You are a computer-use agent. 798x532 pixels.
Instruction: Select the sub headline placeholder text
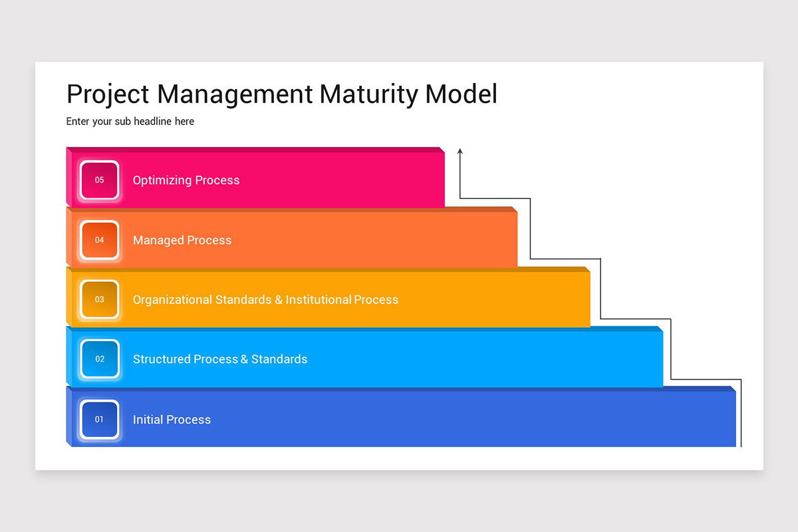130,122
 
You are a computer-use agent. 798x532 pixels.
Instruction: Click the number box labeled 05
100,180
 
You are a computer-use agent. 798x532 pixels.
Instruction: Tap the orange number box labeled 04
100,240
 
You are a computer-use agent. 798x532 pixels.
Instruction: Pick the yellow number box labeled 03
100,300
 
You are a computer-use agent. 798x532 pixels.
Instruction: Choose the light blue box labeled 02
100,359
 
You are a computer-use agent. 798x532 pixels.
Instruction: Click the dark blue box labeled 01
100,420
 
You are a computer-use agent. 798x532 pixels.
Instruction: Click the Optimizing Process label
186,180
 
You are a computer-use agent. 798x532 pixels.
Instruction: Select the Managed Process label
182,240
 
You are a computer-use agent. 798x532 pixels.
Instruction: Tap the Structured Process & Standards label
220,359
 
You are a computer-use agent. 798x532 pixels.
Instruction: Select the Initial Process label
172,420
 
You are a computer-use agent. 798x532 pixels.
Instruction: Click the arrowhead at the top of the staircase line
460,152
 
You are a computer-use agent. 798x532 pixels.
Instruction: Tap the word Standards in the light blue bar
279,359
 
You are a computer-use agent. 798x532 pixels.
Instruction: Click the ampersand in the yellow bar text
278,300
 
